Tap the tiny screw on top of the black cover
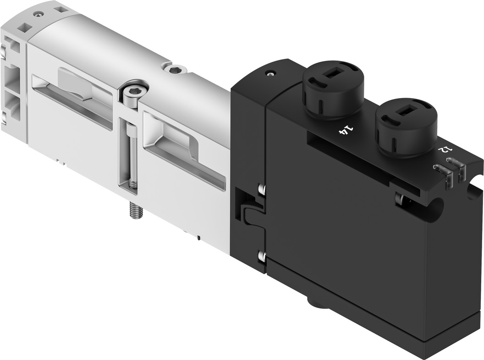coord(271,73)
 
